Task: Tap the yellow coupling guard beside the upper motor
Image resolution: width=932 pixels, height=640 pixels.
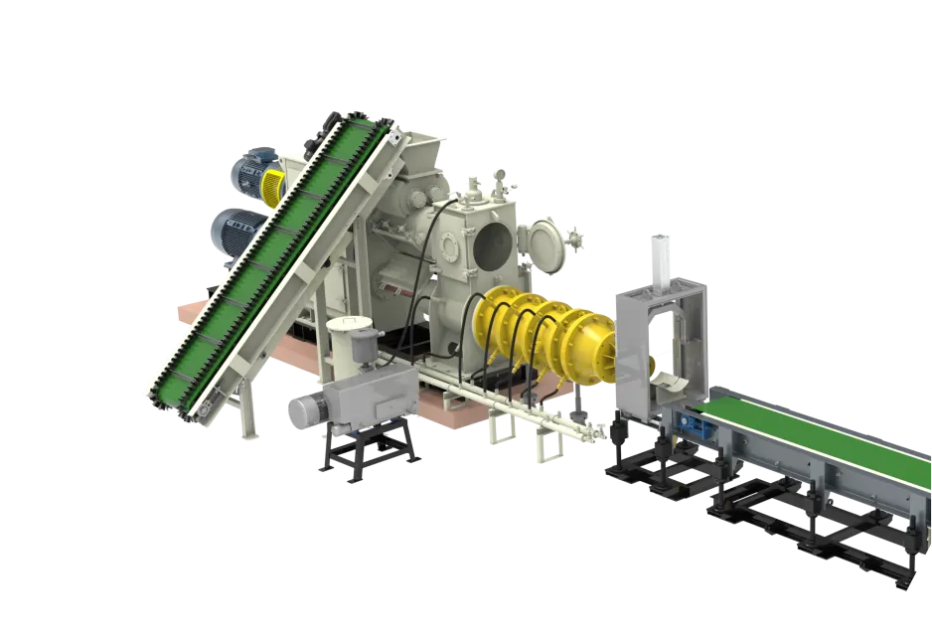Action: click(272, 185)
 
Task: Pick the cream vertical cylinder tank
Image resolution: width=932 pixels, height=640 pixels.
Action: click(350, 343)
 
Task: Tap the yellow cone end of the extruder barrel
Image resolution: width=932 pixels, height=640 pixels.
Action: click(596, 343)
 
